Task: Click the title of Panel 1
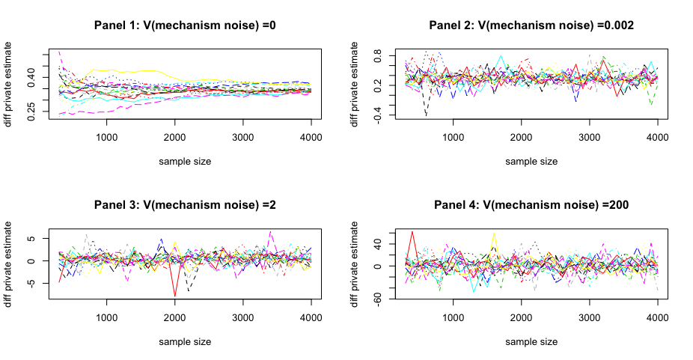coord(185,25)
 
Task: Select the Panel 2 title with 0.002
coord(531,25)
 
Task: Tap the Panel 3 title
coord(185,205)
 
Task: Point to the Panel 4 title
coord(531,205)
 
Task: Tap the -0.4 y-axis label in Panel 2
coord(377,115)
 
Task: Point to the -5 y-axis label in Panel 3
coord(31,283)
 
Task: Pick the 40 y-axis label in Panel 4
coord(377,244)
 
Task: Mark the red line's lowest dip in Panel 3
coord(175,296)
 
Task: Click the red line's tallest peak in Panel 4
coord(412,232)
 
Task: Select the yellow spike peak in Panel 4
coord(494,233)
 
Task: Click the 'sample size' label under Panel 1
coord(185,162)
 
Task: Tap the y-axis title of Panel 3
coord(7,264)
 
